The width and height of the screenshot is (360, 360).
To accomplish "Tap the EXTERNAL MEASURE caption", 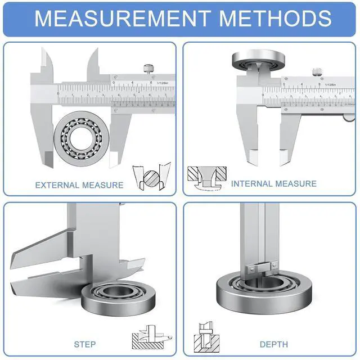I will (79, 184).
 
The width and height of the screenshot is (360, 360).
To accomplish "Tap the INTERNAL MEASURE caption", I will (273, 183).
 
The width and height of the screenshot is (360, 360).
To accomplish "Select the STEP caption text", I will (84, 344).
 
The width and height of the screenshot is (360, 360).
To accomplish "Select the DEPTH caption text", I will (273, 344).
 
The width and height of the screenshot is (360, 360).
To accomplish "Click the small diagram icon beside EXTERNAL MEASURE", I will (150, 177).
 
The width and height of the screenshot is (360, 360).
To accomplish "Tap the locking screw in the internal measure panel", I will (316, 71).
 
